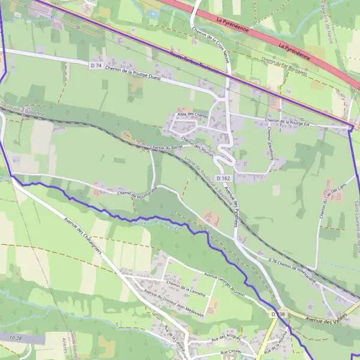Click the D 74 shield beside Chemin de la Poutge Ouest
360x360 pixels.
(x=95, y=65)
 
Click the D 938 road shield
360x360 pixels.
(x=277, y=314)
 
